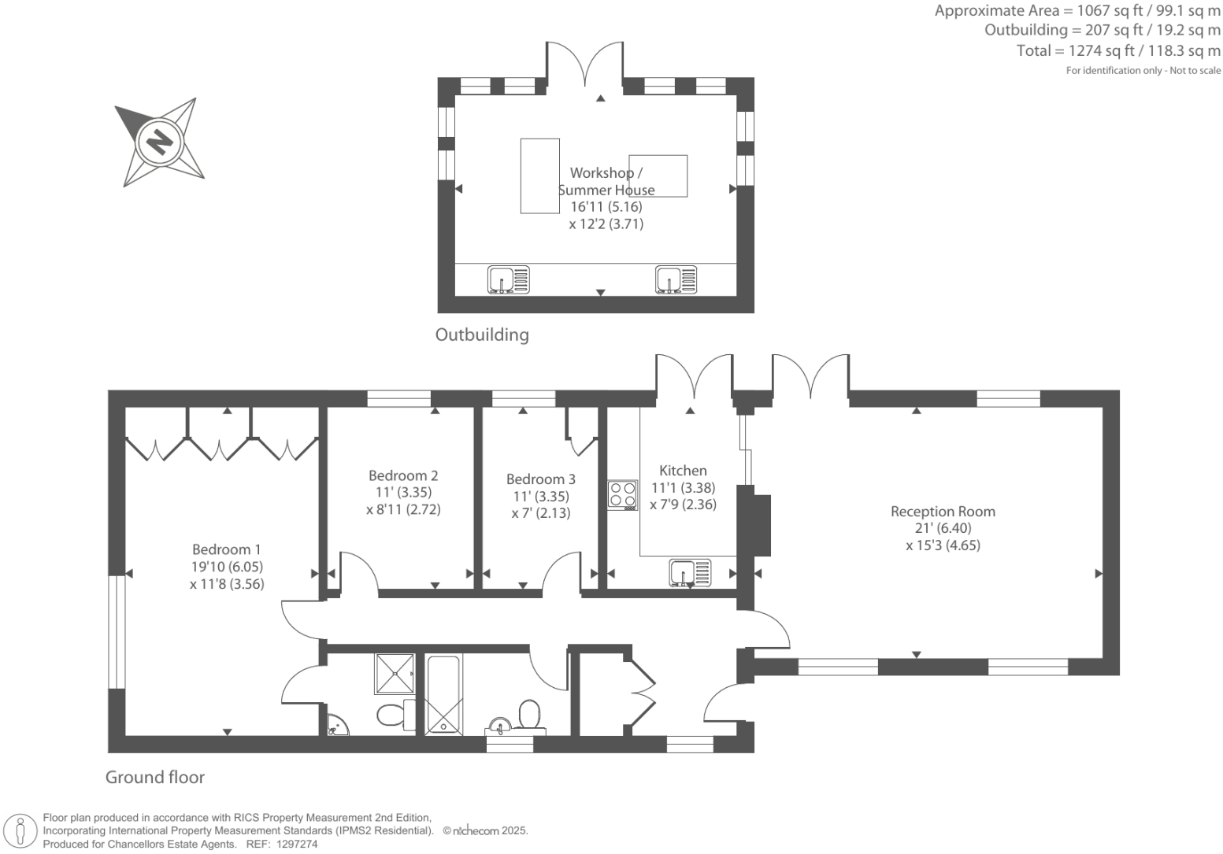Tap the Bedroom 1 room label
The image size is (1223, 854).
click(226, 549)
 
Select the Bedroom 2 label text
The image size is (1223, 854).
click(403, 475)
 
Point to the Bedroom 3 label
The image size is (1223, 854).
click(540, 479)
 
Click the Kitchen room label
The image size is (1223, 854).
click(683, 471)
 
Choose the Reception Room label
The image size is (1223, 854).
click(943, 512)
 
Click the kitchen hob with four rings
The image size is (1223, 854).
click(622, 495)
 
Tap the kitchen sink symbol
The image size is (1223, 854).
click(689, 572)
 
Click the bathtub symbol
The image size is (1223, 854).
click(444, 694)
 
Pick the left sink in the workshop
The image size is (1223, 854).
click(508, 279)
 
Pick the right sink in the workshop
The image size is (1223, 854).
click(676, 279)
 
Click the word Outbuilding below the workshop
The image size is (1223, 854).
click(482, 335)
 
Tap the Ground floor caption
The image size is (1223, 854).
click(155, 778)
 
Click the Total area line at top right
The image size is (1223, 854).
click(1118, 51)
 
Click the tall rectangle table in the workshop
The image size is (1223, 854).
click(539, 176)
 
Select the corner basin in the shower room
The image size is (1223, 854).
click(338, 724)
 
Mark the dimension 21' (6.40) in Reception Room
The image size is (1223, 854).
click(943, 528)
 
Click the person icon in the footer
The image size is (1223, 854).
click(22, 830)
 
